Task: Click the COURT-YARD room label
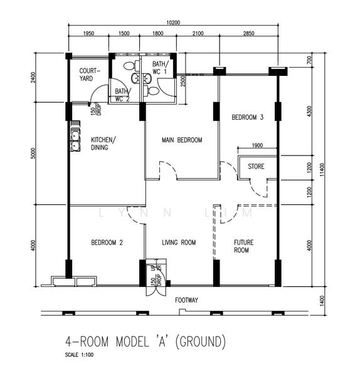tap(90, 75)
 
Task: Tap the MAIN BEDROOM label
tap(182, 140)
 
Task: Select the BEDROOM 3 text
tap(248, 117)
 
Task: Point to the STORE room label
tap(256, 167)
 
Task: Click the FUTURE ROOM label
tap(243, 246)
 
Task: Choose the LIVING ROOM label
tap(179, 243)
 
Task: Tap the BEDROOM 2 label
tap(107, 243)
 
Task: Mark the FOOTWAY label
tap(186, 300)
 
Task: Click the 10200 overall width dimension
tap(173, 23)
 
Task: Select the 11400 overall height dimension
tap(322, 170)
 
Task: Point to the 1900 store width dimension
tap(257, 145)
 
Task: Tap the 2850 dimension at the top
tap(248, 33)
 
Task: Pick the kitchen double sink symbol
tap(75, 141)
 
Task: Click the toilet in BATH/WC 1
tap(151, 91)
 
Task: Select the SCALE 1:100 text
tap(79, 355)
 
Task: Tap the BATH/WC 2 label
tap(123, 95)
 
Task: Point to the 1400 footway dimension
tap(322, 300)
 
